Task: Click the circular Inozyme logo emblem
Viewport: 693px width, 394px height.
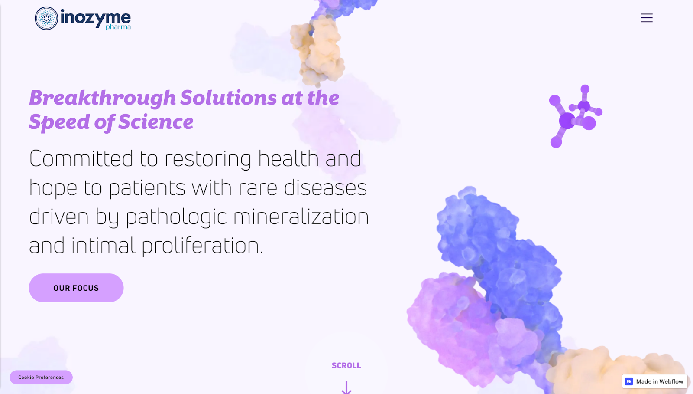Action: [x=46, y=18]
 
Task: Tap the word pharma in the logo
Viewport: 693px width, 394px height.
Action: [x=118, y=27]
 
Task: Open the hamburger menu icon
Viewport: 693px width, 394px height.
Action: [x=647, y=18]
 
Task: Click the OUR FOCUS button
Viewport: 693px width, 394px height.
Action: [x=76, y=288]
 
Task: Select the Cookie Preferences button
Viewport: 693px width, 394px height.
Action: [x=41, y=377]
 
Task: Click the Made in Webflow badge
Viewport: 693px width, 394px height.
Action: [x=654, y=381]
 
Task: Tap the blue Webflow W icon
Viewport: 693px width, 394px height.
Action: [x=629, y=381]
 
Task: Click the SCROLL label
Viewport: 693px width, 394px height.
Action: [x=346, y=365]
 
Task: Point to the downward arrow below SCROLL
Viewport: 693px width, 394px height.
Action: [x=346, y=387]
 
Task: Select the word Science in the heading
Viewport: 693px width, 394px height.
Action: [x=156, y=121]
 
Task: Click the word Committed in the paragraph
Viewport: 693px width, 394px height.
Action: [x=81, y=159]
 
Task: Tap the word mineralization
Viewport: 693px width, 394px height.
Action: [x=301, y=217]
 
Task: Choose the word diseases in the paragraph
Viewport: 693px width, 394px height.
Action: [x=325, y=187]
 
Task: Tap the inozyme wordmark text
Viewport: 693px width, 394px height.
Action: [x=96, y=18]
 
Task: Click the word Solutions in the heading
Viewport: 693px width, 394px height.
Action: [x=229, y=98]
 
